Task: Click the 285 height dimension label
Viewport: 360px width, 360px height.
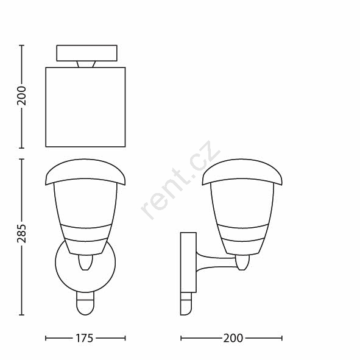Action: click(x=21, y=233)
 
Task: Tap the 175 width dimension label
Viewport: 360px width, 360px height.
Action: click(x=84, y=338)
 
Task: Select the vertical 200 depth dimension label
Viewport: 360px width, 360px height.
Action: click(x=21, y=96)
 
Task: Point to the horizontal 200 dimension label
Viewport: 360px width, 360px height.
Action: click(x=233, y=338)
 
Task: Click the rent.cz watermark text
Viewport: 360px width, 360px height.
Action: click(x=180, y=180)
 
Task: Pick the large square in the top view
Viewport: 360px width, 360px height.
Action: click(x=85, y=107)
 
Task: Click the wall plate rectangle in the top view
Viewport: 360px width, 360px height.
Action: click(x=86, y=53)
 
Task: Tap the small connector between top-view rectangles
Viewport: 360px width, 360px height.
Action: click(x=86, y=64)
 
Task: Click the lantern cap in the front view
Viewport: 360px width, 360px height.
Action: click(x=85, y=172)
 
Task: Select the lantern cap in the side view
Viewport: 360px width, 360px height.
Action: click(x=242, y=172)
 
